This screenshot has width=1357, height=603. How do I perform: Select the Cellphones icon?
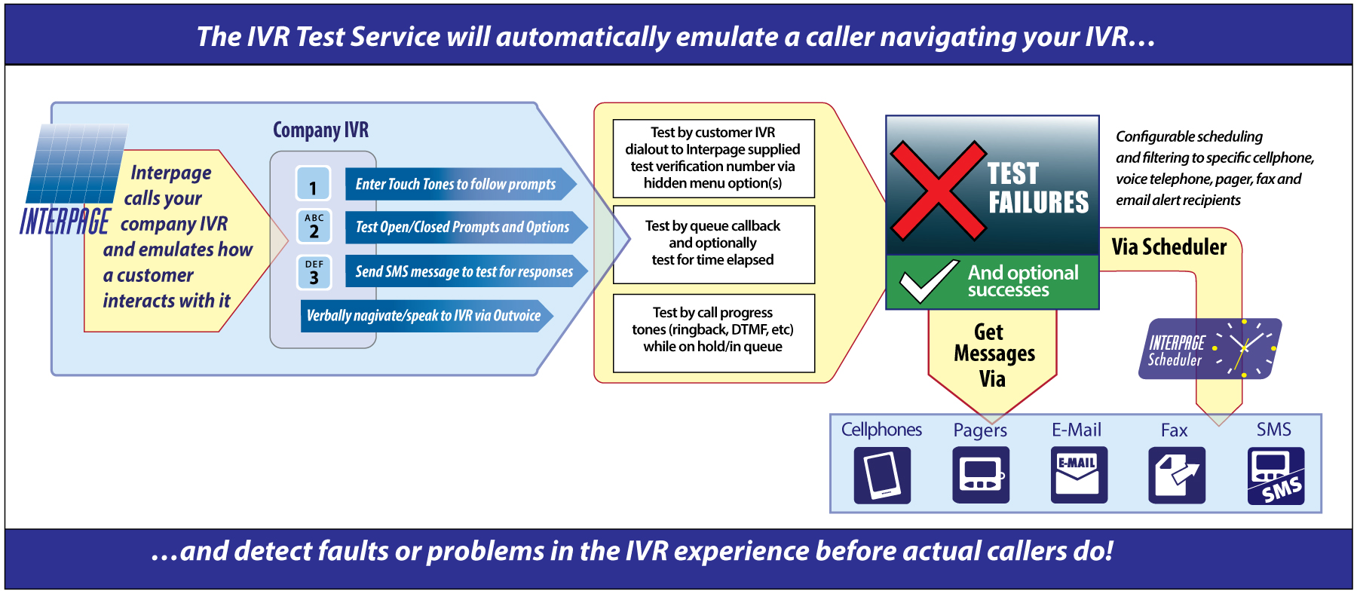pyautogui.click(x=882, y=475)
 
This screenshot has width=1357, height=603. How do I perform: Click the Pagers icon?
pyautogui.click(x=980, y=475)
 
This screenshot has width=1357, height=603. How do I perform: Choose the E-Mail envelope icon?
pyautogui.click(x=1079, y=475)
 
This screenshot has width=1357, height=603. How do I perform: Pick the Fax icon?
pyautogui.click(x=1177, y=475)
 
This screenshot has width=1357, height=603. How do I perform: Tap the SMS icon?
pyautogui.click(x=1276, y=476)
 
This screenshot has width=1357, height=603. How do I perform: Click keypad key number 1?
pyautogui.click(x=314, y=183)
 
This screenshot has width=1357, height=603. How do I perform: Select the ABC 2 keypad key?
pyautogui.click(x=314, y=226)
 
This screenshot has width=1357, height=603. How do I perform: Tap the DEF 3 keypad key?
pyautogui.click(x=314, y=272)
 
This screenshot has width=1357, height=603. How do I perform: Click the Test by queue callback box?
pyautogui.click(x=713, y=243)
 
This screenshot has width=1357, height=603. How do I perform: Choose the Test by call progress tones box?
pyautogui.click(x=713, y=331)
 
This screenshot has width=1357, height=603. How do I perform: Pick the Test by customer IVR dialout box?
pyautogui.click(x=713, y=158)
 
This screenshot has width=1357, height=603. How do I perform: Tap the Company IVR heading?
pyautogui.click(x=320, y=130)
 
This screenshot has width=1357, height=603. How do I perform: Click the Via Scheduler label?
pyautogui.click(x=1169, y=247)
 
